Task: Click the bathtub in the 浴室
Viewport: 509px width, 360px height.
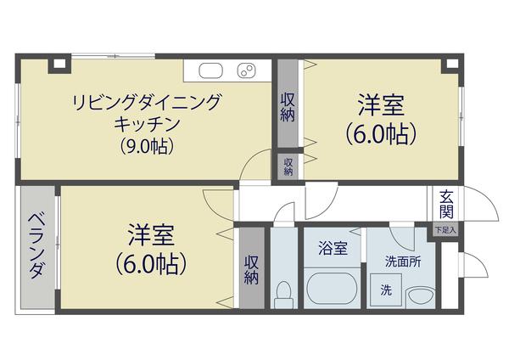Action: (x=330, y=286)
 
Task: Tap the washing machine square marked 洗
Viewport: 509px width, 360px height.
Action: (x=386, y=290)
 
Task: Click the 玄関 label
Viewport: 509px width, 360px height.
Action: (x=446, y=205)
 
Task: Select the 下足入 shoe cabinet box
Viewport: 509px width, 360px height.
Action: (x=445, y=229)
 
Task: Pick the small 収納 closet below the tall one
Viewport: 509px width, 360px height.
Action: (x=288, y=166)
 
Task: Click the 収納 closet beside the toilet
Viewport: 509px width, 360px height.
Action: (x=251, y=268)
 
